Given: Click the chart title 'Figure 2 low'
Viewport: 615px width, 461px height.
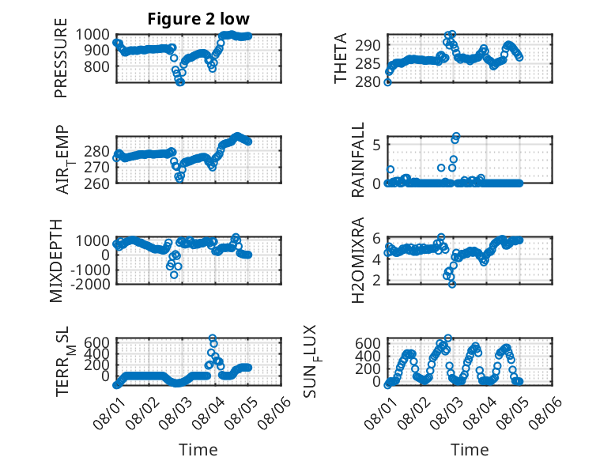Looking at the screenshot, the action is click(198, 19).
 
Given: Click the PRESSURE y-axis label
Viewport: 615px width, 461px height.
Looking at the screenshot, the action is click(61, 58).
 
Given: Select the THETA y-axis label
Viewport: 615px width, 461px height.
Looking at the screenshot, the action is click(341, 58).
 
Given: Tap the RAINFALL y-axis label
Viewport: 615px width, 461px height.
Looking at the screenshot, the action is click(358, 160).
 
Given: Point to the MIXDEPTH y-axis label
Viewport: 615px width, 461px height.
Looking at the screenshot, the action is click(56, 261).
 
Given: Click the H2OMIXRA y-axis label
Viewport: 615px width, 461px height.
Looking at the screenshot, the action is click(358, 260).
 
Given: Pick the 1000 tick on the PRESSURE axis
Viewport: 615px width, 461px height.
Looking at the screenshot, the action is click(92, 35).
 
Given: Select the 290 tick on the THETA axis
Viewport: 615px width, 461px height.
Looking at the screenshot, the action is click(368, 45).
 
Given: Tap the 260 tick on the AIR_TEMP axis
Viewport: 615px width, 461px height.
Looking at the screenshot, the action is click(96, 183).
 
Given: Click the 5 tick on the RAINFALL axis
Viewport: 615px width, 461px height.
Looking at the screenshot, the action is click(377, 145).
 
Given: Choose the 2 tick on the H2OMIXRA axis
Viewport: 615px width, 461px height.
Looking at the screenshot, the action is click(377, 280).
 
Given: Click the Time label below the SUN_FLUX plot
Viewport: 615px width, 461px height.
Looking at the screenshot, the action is click(470, 450).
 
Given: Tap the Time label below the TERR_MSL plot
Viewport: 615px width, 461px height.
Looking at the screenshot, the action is click(198, 450).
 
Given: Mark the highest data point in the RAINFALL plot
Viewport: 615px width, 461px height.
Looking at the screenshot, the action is click(456, 136).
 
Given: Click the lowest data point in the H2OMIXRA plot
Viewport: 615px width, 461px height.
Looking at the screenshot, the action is click(452, 284).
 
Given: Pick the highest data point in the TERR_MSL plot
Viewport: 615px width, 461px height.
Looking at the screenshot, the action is click(212, 338).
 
